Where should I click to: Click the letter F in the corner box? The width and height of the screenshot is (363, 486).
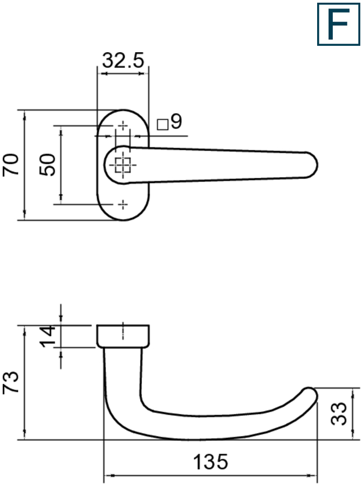click(x=339, y=24)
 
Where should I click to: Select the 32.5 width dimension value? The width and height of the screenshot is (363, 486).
click(x=123, y=60)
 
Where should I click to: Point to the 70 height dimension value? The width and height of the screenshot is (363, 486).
click(x=11, y=164)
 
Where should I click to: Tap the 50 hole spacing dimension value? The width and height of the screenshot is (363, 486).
click(x=47, y=164)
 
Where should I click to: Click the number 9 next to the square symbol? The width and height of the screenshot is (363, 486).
click(x=176, y=121)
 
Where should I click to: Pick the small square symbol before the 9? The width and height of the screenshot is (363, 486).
click(x=162, y=124)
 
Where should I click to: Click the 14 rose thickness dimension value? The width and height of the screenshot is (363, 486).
click(x=47, y=336)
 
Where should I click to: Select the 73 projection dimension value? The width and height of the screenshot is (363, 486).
click(x=11, y=383)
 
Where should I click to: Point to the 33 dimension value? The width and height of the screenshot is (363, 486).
click(x=339, y=413)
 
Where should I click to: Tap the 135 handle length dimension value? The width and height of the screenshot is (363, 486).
click(x=211, y=462)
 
